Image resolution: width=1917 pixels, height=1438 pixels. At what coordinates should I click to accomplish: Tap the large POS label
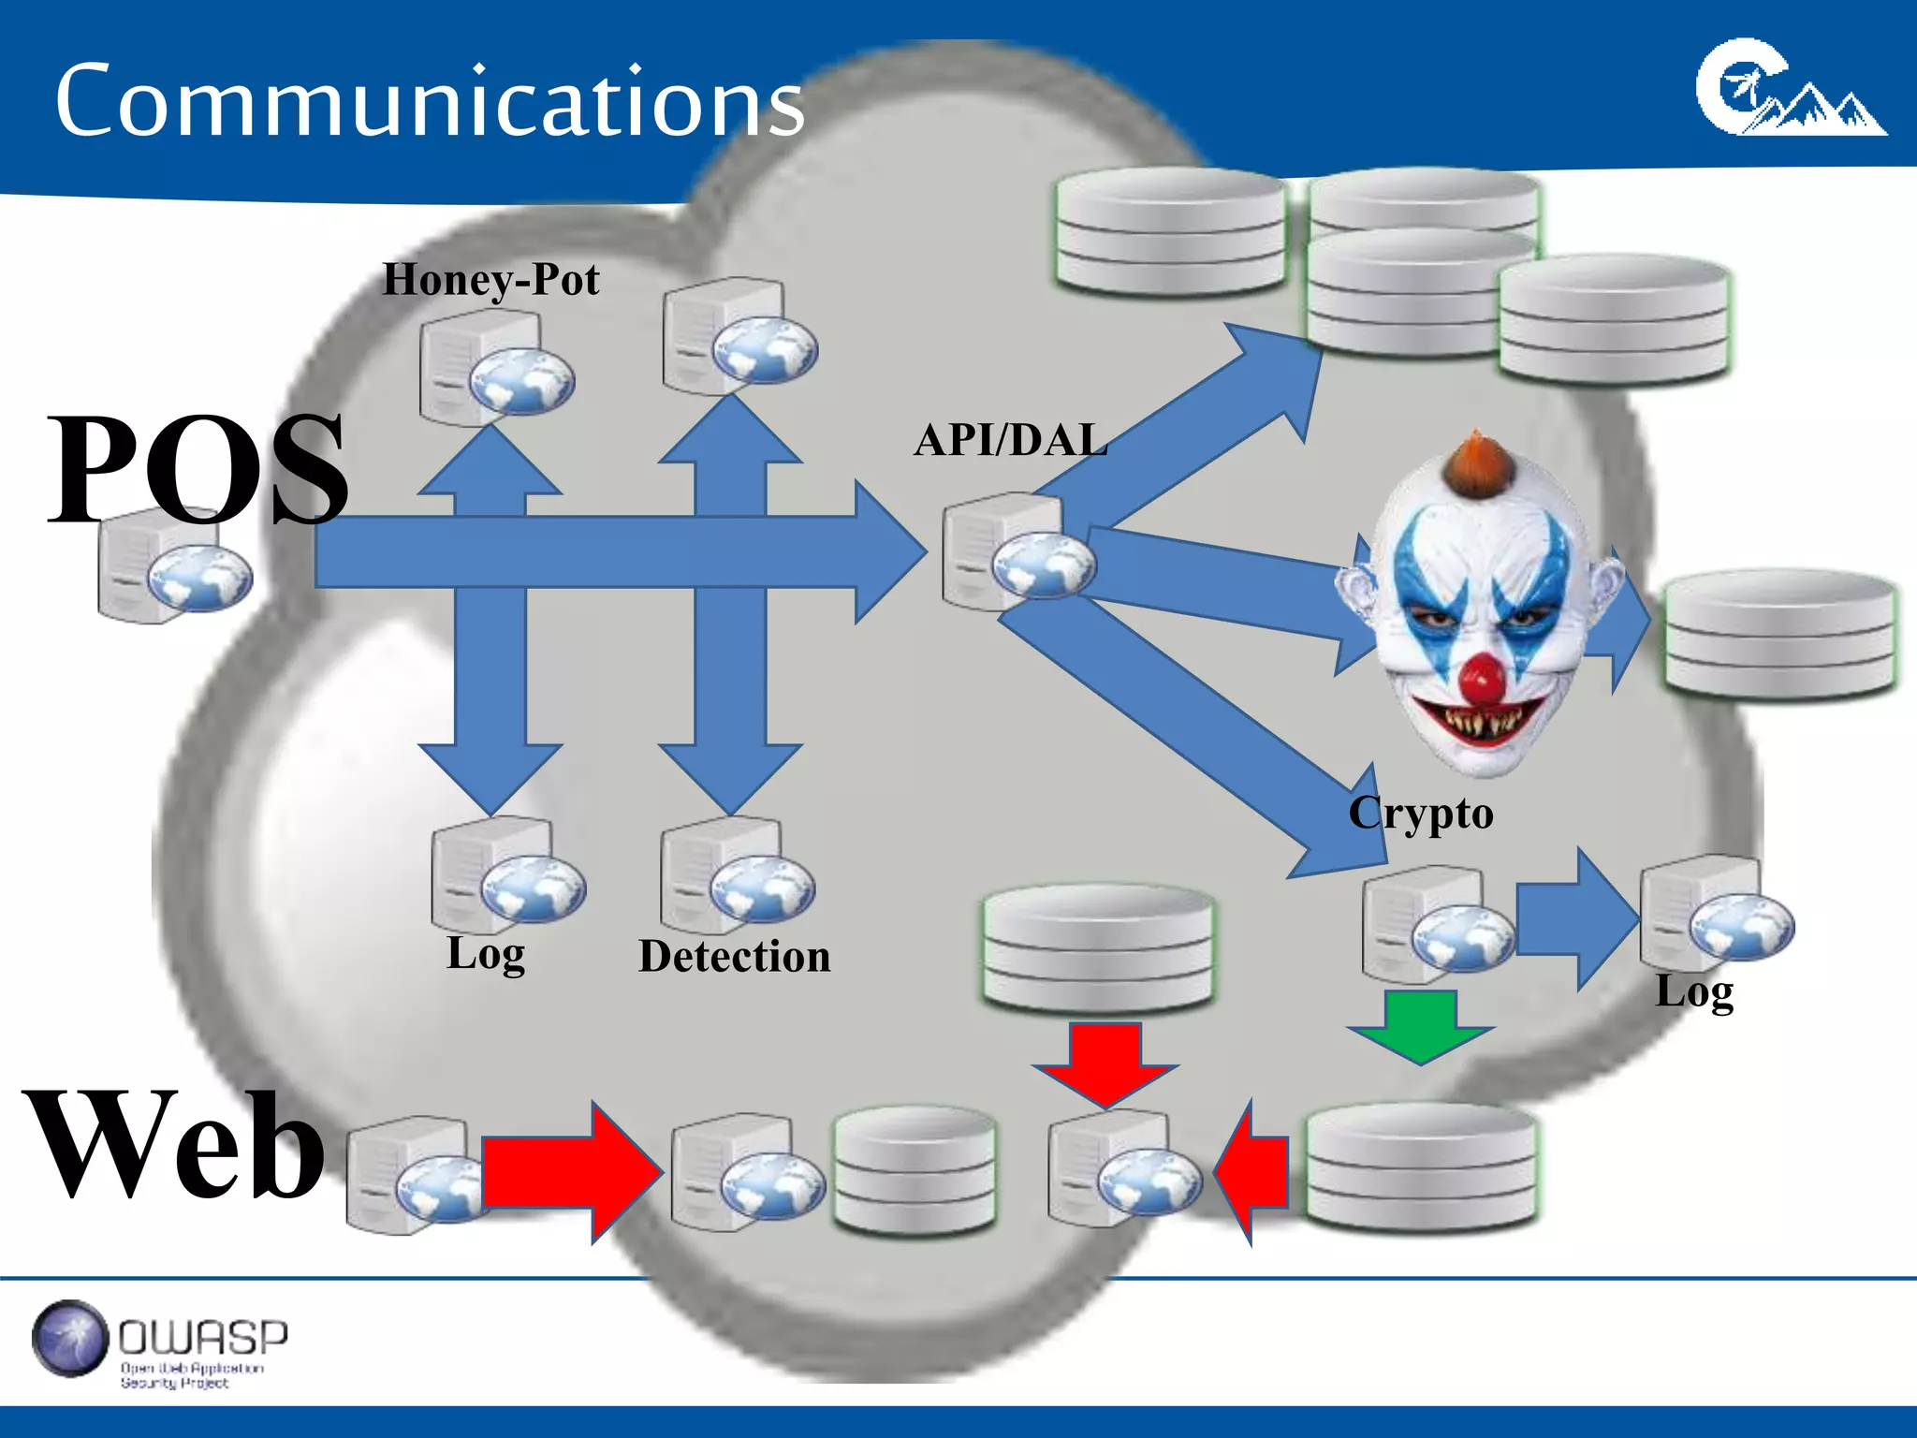197,468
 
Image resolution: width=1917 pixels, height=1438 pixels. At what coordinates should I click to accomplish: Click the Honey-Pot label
490,279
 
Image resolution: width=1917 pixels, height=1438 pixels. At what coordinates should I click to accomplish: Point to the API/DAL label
1011,440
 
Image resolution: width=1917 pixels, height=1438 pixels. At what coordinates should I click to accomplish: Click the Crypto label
1421,813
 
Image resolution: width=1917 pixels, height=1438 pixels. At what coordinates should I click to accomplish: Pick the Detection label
735,956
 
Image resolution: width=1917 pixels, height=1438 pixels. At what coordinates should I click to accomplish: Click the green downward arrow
1420,1025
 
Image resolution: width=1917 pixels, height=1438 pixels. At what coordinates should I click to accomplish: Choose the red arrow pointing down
1105,1063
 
